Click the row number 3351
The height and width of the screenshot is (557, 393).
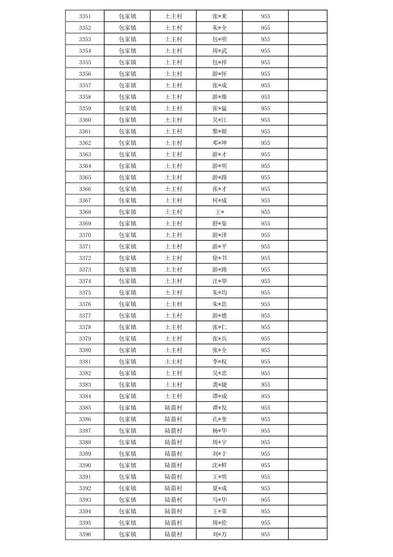click(85, 16)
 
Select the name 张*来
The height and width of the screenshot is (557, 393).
click(220, 16)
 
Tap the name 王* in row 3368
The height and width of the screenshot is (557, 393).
click(220, 212)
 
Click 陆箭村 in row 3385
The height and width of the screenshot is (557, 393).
click(173, 407)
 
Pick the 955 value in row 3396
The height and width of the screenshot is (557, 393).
click(266, 534)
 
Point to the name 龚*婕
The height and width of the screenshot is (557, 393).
click(220, 384)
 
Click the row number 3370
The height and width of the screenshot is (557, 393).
click(85, 235)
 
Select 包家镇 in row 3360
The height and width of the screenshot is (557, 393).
click(127, 120)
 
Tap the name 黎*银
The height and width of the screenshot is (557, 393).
click(220, 131)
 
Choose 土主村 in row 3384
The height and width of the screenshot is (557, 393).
click(173, 396)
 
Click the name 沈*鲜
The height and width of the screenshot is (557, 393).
click(220, 465)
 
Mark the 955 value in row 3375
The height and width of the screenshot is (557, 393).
click(266, 292)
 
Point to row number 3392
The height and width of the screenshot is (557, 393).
click(85, 488)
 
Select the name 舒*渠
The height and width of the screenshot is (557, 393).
click(220, 224)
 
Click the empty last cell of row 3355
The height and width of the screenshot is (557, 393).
click(308, 62)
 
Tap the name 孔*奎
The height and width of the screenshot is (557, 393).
click(220, 419)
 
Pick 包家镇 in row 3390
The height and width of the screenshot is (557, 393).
click(127, 465)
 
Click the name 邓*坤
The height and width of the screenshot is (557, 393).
click(220, 143)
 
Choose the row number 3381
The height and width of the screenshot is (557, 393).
click(85, 362)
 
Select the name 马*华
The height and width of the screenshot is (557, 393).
click(220, 500)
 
